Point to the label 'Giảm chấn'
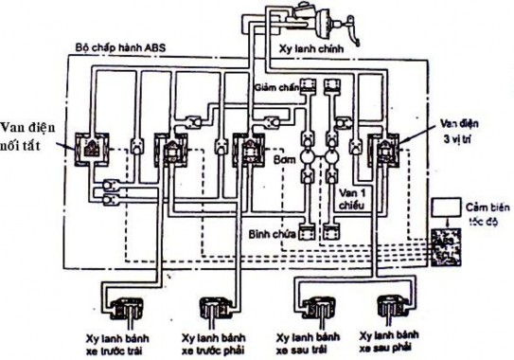[275, 87]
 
